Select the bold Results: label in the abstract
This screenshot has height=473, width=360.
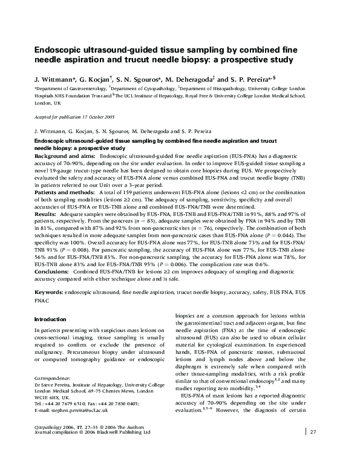(x=47, y=214)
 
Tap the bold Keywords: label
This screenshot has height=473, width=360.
(x=49, y=309)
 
